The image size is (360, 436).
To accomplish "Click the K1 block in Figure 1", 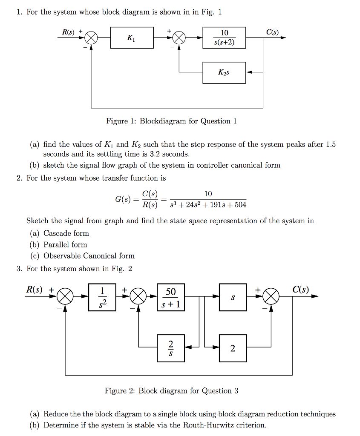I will pos(132,38).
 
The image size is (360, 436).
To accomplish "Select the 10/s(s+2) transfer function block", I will pos(225,38).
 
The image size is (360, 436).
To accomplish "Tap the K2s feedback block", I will pos(224,72).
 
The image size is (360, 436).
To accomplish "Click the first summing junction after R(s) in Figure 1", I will pos(91,38).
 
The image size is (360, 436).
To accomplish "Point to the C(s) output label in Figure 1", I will pos(272,32).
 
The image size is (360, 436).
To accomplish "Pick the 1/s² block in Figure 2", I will pos(102,297).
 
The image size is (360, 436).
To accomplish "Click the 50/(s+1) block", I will pos(171,297).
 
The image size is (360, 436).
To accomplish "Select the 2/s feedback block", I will pos(171,348).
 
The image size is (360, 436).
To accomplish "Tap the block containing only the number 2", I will pos(233,348).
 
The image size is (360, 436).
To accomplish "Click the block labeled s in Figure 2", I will pos(233,297).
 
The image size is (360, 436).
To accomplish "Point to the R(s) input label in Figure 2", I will pos(35,290).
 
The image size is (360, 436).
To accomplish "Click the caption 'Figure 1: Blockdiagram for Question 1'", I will pos(171,121).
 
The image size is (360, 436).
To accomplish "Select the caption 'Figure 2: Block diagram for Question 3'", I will pos(171,391).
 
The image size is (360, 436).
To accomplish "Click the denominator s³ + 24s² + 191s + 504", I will pos(207,205).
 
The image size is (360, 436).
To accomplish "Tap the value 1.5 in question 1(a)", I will pos(331,144).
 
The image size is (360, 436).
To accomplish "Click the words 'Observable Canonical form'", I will pos(89,256).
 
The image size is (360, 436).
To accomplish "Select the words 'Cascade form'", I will pos(66,233).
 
